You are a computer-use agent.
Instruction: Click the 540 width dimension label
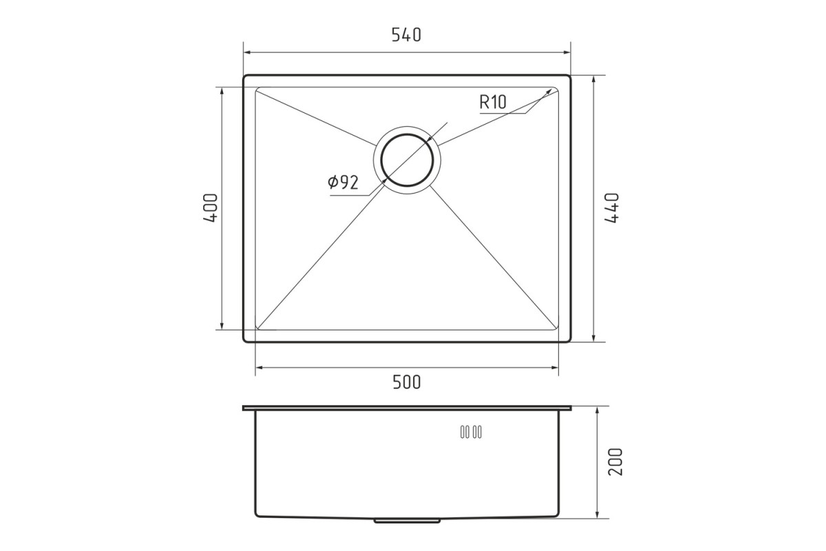(x=406, y=35)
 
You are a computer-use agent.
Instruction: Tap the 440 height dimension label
(x=612, y=208)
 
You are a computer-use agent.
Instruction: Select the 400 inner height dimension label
(x=211, y=208)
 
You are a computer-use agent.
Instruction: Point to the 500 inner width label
(x=406, y=382)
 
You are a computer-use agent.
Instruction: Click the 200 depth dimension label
(x=615, y=461)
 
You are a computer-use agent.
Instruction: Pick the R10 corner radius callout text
(x=493, y=102)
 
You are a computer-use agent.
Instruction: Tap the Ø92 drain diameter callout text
(x=343, y=182)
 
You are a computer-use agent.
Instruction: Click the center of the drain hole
(x=407, y=160)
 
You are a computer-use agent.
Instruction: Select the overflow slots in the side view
(x=471, y=432)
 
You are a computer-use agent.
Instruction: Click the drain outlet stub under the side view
(x=407, y=521)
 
